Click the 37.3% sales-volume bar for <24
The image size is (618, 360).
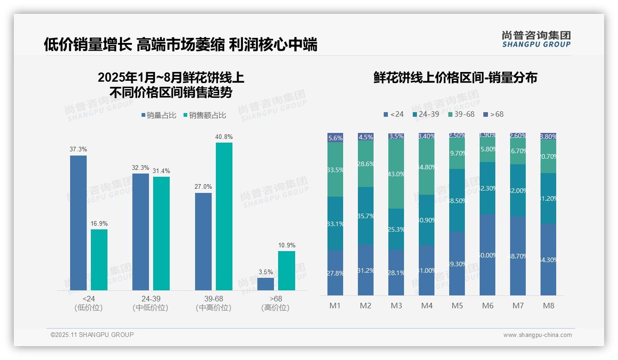[x=78, y=222]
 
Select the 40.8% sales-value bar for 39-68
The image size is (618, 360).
[x=224, y=216]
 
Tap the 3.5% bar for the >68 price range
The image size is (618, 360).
[x=266, y=284]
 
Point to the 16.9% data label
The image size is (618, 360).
[x=99, y=224]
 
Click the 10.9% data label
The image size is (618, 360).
[x=286, y=245]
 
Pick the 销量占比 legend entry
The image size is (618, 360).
[x=159, y=115]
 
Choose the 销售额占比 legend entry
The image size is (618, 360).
[x=204, y=115]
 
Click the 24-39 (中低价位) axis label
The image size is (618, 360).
[x=150, y=303]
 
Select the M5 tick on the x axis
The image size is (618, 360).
[x=457, y=306]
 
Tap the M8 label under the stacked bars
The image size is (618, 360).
[x=548, y=306]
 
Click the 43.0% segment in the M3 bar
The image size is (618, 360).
[x=396, y=174]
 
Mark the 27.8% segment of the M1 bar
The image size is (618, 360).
[x=335, y=273]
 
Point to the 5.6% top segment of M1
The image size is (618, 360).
[x=335, y=138]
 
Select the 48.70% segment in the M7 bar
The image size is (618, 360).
[x=518, y=256]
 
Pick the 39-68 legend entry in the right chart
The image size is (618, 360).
[x=461, y=114]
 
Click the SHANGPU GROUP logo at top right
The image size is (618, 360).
[x=536, y=39]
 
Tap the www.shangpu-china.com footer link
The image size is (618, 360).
[x=537, y=335]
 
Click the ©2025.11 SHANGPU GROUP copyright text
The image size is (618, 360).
[x=92, y=335]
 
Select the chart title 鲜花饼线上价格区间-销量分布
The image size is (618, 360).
[x=455, y=78]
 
